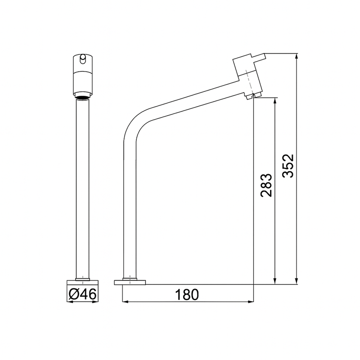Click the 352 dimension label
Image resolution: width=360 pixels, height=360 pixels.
pos(288,166)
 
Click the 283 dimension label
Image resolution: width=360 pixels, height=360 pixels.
pos(266,185)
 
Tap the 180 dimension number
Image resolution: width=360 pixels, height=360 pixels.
pos(187,295)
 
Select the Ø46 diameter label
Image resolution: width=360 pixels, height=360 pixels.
pos(82,294)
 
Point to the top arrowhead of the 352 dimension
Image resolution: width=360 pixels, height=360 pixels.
pos(297,57)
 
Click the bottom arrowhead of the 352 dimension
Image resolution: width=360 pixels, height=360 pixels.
pos(297,281)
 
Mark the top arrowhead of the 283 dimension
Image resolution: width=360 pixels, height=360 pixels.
pos(275,101)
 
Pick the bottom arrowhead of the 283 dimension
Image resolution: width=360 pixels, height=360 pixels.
pos(275,281)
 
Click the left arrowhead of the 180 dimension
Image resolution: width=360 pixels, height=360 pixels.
pos(126,301)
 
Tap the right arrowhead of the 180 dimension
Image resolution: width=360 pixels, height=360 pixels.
pos(251,301)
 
